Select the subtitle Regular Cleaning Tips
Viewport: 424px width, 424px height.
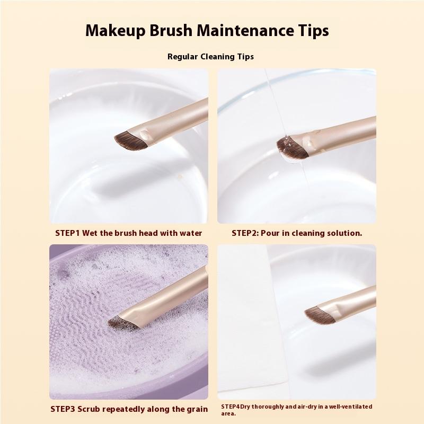(210, 57)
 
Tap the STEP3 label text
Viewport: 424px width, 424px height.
(65, 409)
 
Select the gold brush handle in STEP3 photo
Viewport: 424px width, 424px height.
(170, 297)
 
